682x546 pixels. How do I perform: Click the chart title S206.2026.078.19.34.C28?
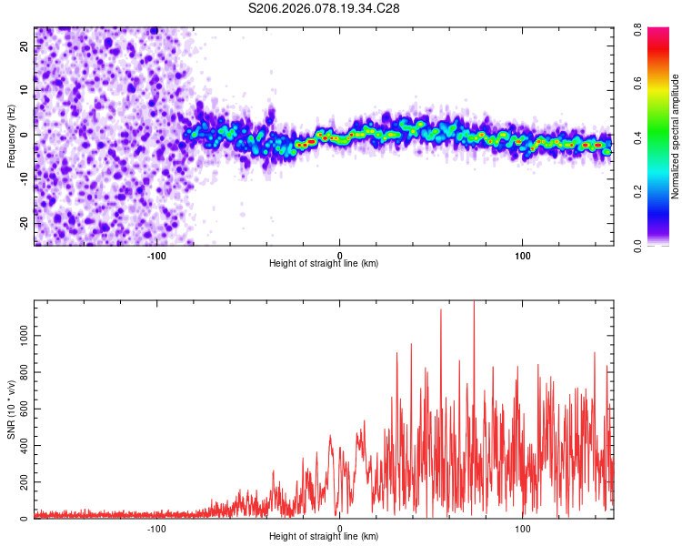[x=325, y=8]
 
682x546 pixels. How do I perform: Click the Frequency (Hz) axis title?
[x=12, y=136]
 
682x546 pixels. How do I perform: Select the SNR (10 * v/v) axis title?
[x=12, y=409]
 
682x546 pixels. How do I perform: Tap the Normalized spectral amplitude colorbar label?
[x=676, y=136]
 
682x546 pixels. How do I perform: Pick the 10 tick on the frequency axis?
[x=24, y=91]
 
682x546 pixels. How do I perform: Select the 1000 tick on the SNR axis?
[x=18, y=335]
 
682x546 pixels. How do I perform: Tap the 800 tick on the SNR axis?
[x=21, y=372]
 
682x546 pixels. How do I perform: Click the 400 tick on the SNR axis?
[x=21, y=446]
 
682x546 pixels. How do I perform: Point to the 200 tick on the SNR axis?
[x=21, y=482]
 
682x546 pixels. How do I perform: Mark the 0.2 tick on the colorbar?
[x=654, y=191]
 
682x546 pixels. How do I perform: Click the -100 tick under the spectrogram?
[x=156, y=256]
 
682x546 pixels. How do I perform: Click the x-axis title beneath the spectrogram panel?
[x=324, y=264]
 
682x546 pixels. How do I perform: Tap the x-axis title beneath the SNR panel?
[x=324, y=537]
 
